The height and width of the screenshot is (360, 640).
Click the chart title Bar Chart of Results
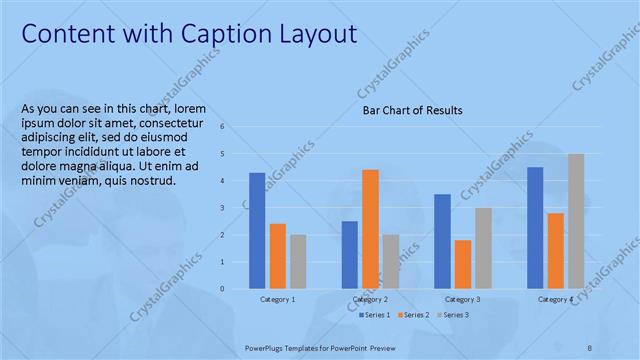412,111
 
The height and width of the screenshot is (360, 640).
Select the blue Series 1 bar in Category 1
257,230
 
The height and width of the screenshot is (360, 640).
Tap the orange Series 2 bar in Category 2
370,228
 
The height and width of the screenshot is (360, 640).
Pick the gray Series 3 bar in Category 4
576,221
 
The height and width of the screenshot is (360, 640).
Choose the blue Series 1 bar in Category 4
535,227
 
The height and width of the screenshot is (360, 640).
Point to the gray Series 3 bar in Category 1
298,261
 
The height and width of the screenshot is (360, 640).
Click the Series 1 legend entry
376,315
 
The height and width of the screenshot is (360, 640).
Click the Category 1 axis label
278,299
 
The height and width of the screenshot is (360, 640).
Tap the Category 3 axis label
463,299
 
